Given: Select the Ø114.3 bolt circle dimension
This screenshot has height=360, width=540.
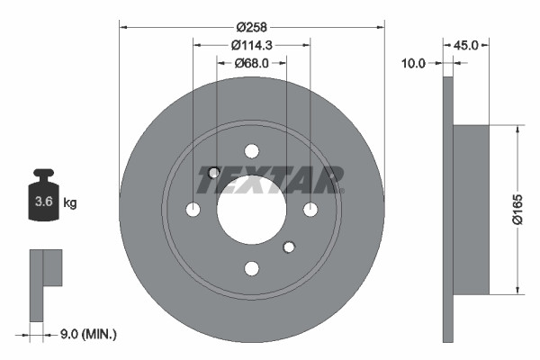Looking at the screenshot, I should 252,44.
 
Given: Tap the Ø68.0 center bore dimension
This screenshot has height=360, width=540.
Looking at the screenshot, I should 252,63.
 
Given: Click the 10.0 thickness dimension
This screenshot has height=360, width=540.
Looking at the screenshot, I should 416,63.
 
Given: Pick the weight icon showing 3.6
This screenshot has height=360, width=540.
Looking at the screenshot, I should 43,197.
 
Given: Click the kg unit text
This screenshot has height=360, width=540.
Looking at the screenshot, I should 70,203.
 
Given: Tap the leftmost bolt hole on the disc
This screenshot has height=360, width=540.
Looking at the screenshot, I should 193,210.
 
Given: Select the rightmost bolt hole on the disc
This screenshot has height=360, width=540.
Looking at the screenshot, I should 310,210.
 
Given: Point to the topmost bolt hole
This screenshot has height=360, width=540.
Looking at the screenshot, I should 251,151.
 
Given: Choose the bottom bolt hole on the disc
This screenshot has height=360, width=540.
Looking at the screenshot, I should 251,268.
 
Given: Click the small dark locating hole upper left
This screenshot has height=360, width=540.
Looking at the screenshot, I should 214,173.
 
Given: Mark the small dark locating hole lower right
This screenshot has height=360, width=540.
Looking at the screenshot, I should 289,247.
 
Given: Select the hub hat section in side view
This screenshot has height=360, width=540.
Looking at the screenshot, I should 471,209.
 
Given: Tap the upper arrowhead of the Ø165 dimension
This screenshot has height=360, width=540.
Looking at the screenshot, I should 517,130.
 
